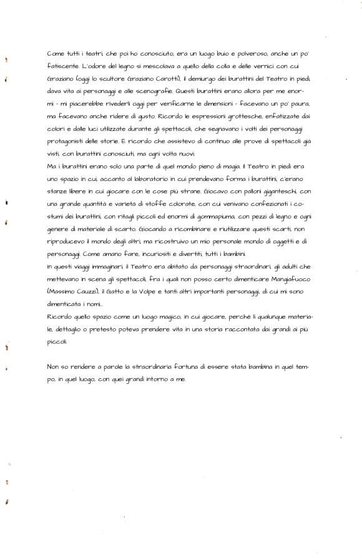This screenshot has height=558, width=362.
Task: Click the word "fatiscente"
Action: coord(62,66)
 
